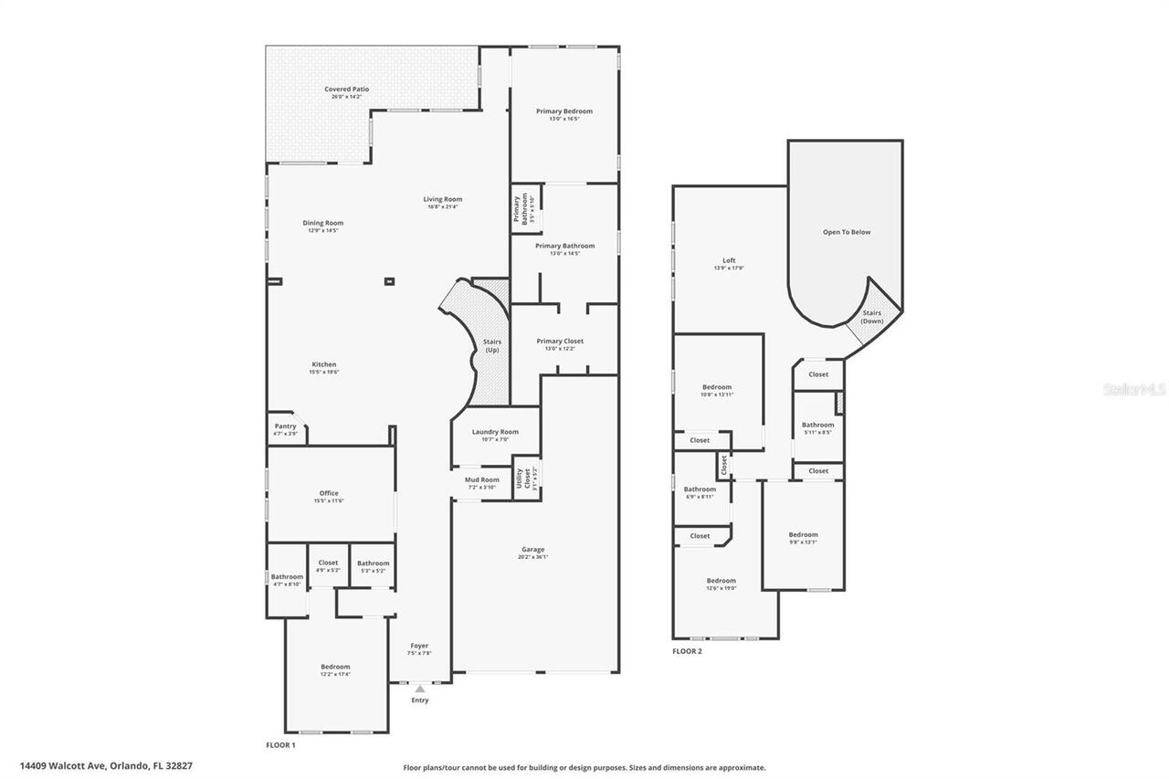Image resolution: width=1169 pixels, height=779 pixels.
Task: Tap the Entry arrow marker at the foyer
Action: click(x=419, y=690)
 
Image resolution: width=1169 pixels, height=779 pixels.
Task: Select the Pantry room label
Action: click(x=285, y=426)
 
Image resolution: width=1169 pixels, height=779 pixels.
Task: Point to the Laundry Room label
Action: click(x=495, y=432)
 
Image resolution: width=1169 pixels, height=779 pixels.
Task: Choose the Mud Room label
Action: click(x=481, y=479)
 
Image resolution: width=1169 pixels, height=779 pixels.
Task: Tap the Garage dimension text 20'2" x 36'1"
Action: click(x=532, y=557)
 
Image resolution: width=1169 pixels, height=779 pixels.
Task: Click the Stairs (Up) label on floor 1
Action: click(x=491, y=346)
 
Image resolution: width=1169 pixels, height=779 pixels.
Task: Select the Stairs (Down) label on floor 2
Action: click(x=872, y=317)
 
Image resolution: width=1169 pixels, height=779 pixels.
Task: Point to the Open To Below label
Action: click(x=847, y=232)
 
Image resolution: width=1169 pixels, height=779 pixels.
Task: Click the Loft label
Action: click(x=729, y=260)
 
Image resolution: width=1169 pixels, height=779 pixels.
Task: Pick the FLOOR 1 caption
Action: click(x=280, y=745)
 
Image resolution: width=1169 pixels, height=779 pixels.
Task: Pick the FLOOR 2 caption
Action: click(x=687, y=651)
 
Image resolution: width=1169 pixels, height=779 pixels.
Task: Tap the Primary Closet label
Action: click(x=559, y=341)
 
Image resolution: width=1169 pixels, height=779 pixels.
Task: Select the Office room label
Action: click(x=329, y=493)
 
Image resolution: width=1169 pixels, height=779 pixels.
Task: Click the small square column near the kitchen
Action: click(x=390, y=282)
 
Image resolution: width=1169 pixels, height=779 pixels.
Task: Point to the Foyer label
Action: click(x=419, y=646)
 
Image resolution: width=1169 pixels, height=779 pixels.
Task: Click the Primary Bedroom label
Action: click(x=563, y=111)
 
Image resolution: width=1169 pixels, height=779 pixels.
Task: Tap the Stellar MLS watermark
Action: click(x=1134, y=389)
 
